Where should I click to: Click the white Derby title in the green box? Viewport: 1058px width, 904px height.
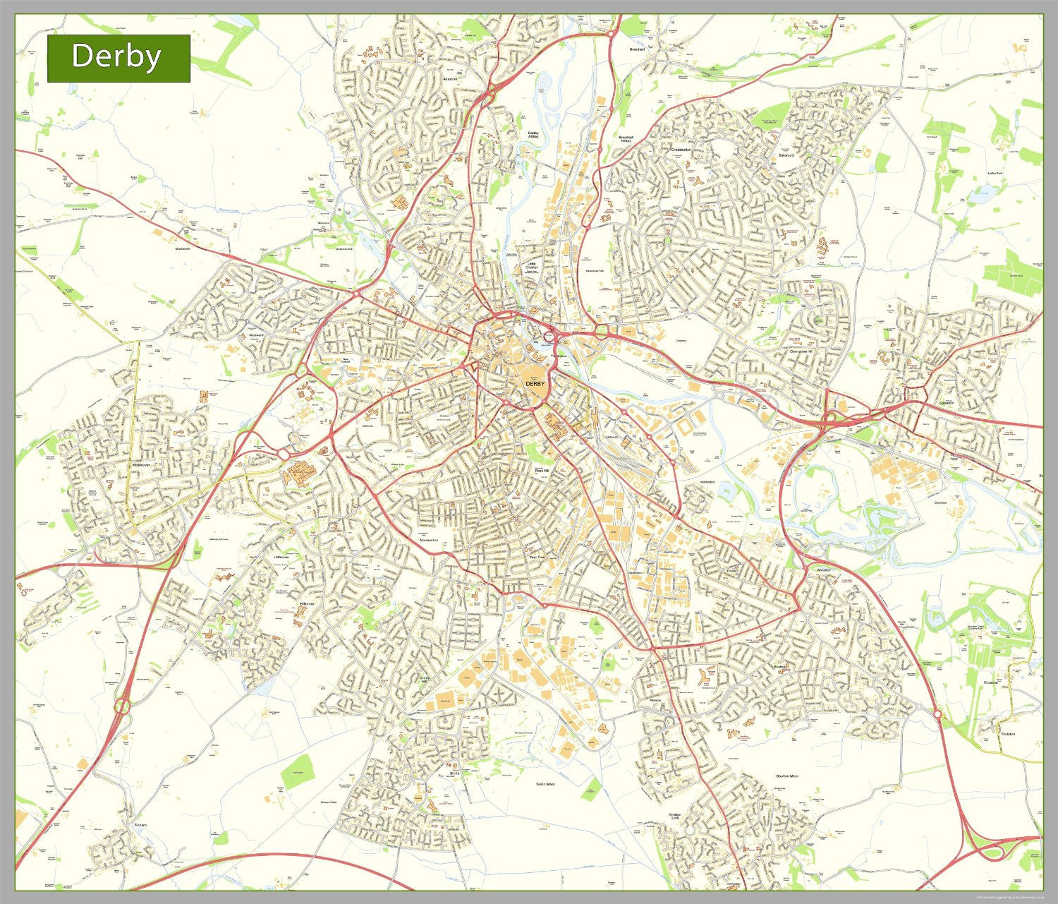(x=116, y=56)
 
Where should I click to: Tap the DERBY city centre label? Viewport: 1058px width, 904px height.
(x=534, y=383)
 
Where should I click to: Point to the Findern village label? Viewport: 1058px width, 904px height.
(x=141, y=824)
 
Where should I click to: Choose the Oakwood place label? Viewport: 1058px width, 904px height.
(x=786, y=155)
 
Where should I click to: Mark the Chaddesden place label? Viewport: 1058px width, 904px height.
(x=681, y=150)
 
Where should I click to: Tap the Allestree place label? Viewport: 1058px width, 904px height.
(x=449, y=79)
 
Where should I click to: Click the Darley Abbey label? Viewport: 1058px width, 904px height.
(x=533, y=134)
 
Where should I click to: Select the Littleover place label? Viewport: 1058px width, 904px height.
(x=281, y=557)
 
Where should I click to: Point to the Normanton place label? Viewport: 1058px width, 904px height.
(x=428, y=541)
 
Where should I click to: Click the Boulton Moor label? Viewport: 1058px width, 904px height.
(x=787, y=776)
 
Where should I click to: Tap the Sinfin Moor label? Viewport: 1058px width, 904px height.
(x=545, y=784)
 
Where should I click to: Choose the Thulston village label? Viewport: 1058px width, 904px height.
(x=1007, y=734)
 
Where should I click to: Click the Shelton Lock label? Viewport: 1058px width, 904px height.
(x=675, y=816)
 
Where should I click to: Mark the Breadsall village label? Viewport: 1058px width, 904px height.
(x=637, y=49)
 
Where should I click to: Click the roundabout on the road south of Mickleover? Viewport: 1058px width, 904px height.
(x=123, y=704)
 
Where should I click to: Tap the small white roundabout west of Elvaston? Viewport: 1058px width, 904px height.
(x=937, y=714)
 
